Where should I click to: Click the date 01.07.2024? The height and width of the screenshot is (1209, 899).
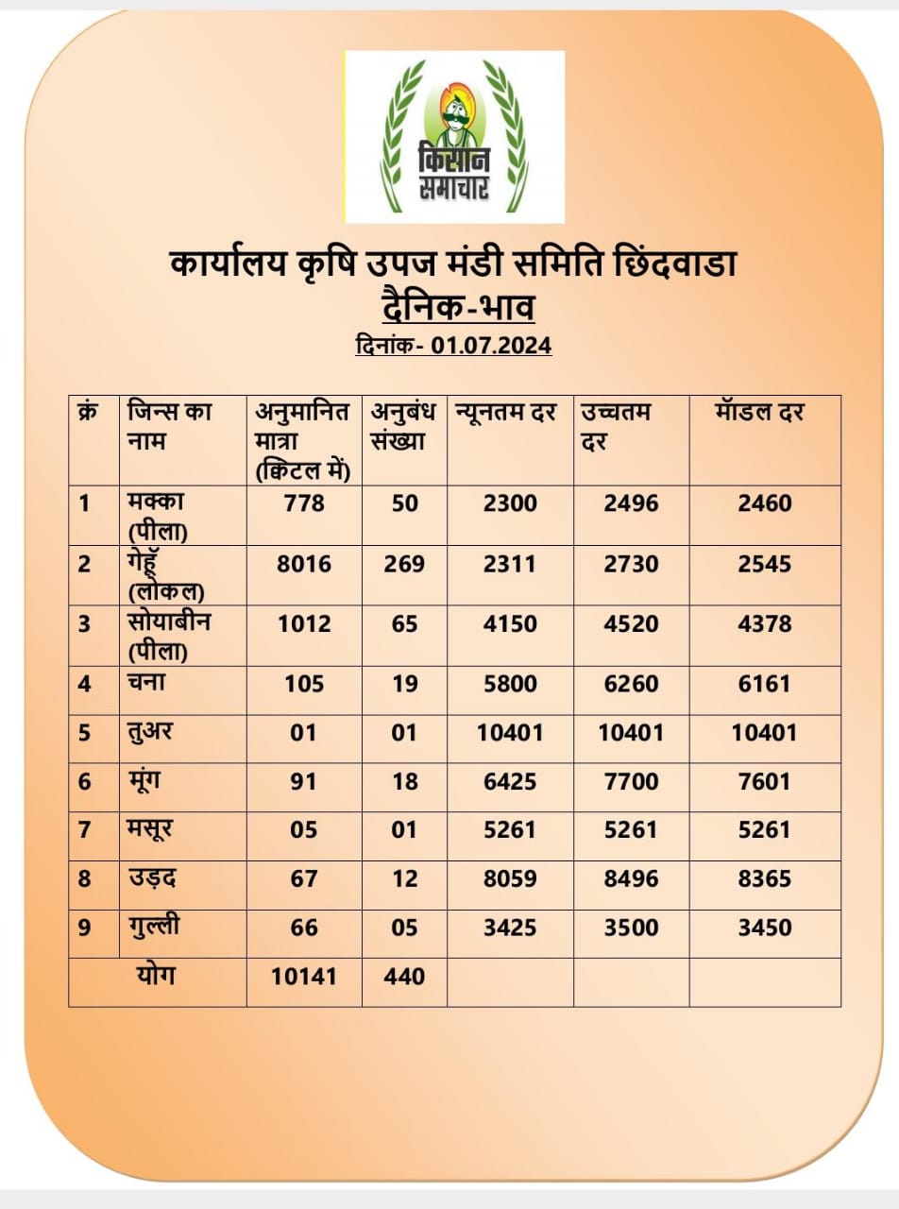click(x=491, y=346)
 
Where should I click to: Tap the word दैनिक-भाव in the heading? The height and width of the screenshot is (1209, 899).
click(x=458, y=309)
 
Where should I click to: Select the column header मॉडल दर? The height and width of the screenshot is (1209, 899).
click(x=759, y=413)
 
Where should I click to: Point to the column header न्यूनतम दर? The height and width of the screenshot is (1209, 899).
click(x=505, y=413)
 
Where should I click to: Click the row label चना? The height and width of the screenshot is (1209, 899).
click(x=146, y=683)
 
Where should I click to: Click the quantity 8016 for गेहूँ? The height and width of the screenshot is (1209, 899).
click(x=304, y=564)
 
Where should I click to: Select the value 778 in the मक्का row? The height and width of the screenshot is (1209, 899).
click(x=304, y=503)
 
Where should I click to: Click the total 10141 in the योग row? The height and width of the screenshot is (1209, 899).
click(x=304, y=977)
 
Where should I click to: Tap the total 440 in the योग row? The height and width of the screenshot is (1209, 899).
click(x=404, y=977)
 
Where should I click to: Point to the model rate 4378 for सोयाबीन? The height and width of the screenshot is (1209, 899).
click(x=765, y=624)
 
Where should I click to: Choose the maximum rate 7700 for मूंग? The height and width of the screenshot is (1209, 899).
click(x=632, y=782)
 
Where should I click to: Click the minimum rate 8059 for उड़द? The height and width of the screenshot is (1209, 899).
click(x=510, y=878)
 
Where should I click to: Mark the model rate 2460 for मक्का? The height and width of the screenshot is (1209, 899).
click(x=765, y=503)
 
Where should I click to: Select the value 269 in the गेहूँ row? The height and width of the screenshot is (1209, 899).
click(x=404, y=564)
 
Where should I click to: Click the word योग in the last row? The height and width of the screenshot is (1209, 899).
click(x=156, y=976)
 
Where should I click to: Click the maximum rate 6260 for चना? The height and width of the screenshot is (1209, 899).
click(x=632, y=684)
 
